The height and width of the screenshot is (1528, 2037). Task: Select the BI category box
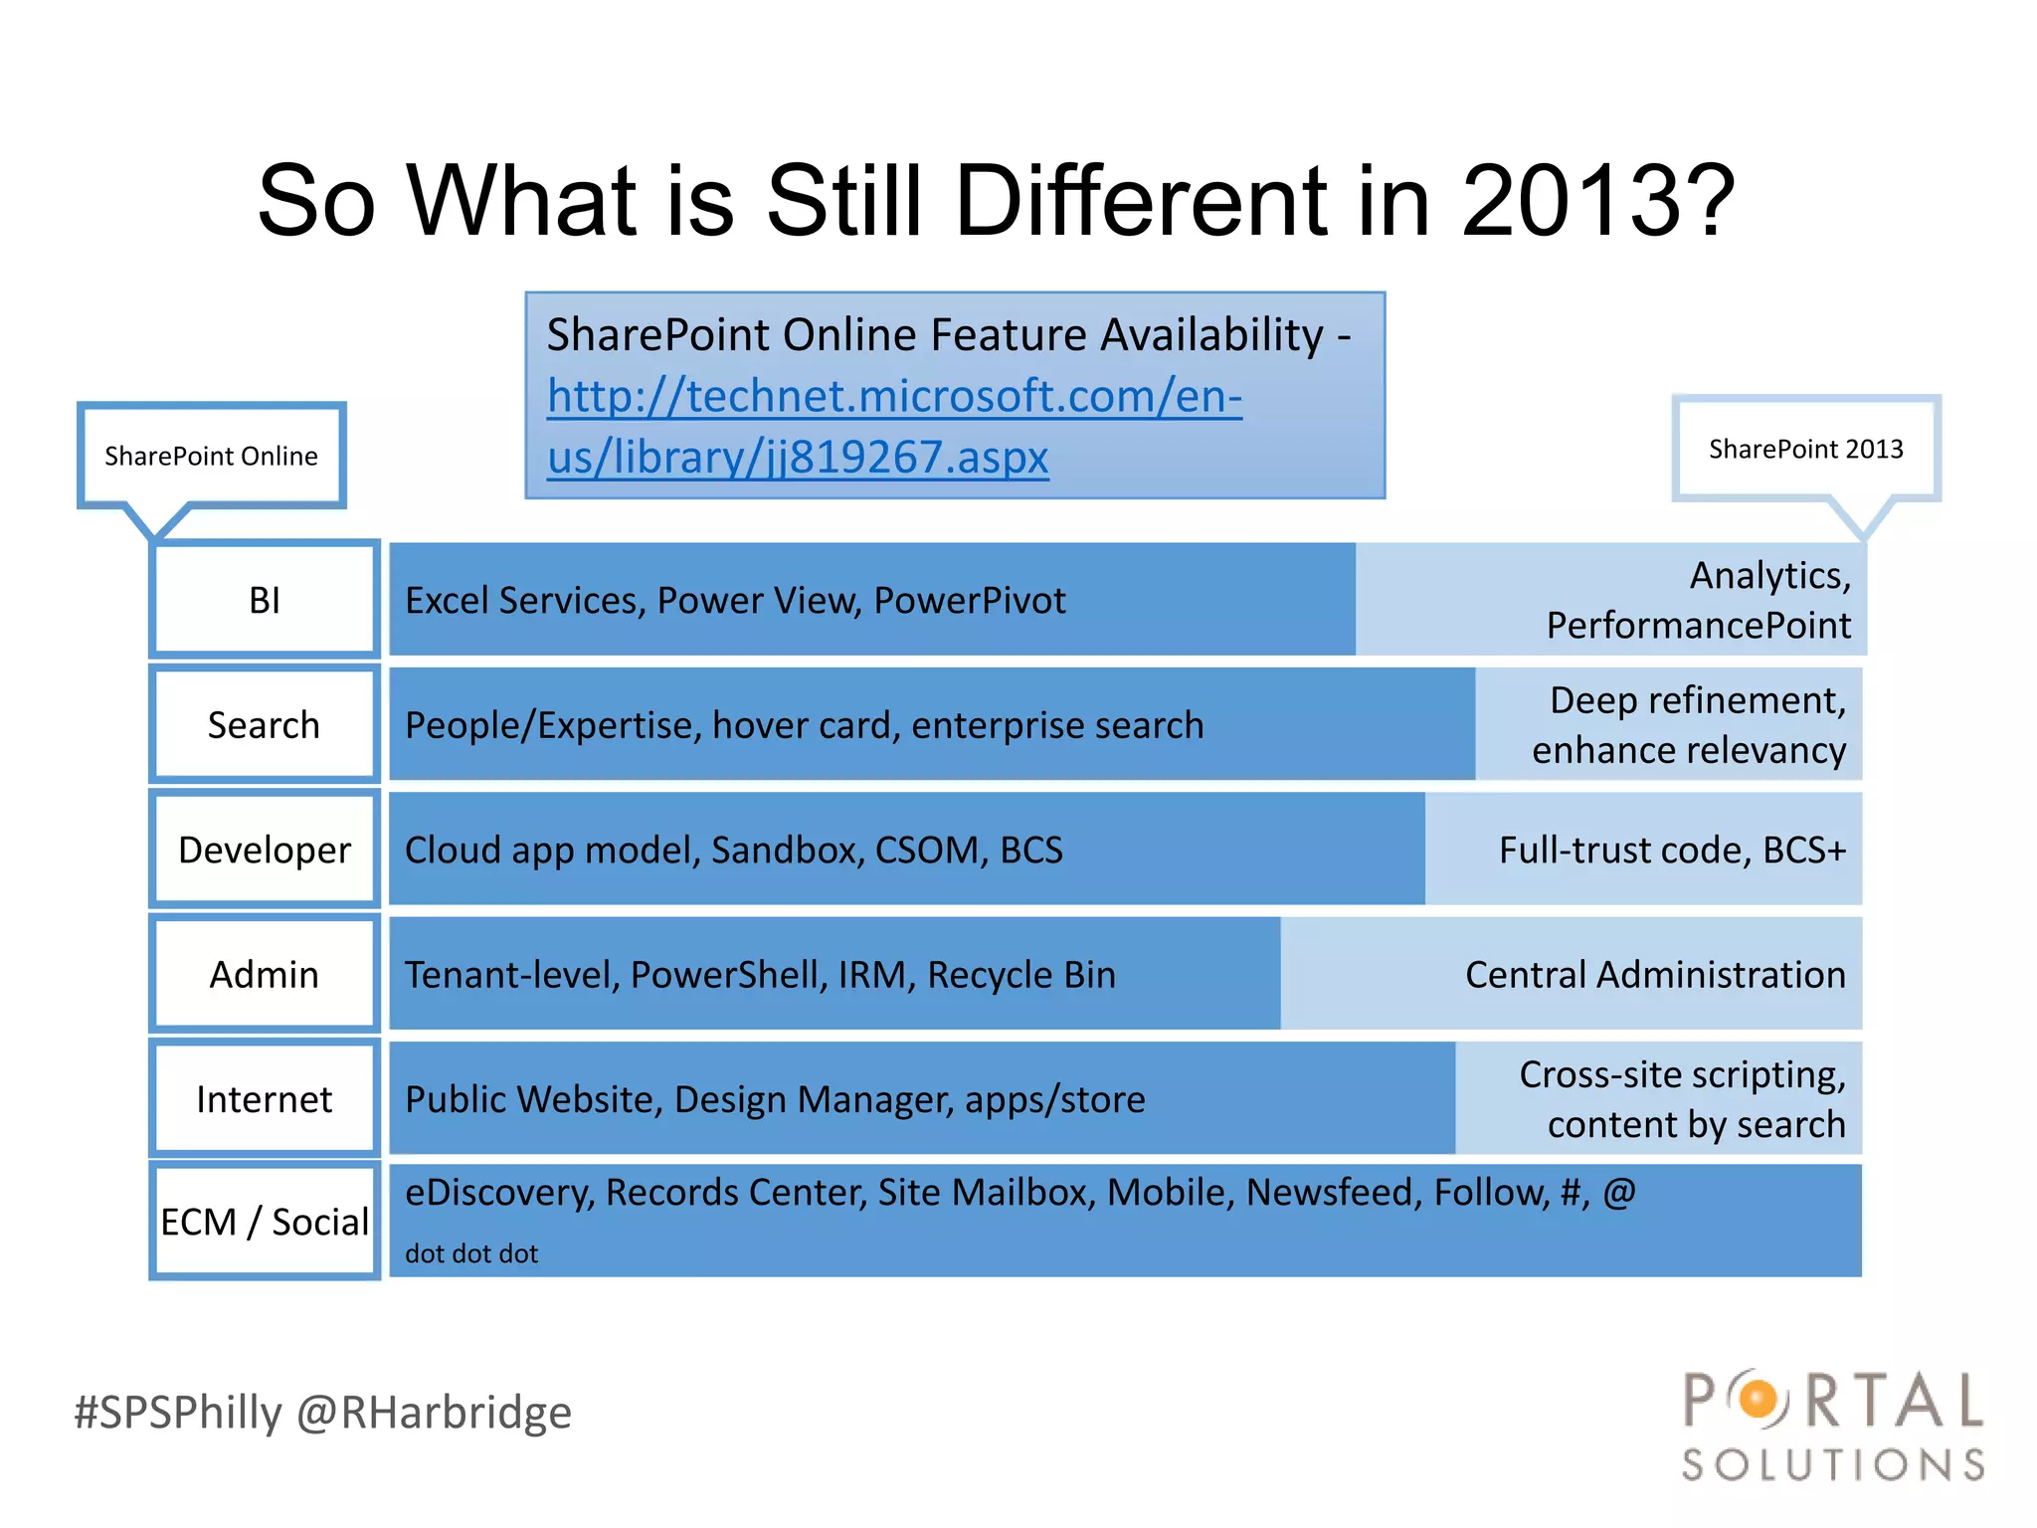click(265, 600)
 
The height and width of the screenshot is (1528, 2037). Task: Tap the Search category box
click(265, 725)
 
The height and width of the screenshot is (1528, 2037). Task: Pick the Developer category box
click(265, 850)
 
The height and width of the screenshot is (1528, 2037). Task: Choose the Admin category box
click(265, 974)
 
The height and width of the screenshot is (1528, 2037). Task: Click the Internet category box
click(265, 1099)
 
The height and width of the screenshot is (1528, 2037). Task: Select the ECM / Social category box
click(265, 1222)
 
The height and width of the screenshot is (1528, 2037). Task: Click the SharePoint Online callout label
click(211, 456)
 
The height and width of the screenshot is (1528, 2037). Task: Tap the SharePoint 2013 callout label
click(1805, 449)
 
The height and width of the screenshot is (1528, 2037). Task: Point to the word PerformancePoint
click(1698, 626)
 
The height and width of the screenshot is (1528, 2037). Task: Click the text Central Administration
click(1655, 974)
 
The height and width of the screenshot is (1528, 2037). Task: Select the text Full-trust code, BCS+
click(1672, 850)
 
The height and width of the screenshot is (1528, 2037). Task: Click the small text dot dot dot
click(471, 1253)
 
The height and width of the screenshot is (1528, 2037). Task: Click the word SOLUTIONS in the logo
click(1833, 1464)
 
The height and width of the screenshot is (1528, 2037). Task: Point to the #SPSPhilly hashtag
click(179, 1413)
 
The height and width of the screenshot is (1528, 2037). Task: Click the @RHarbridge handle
click(435, 1413)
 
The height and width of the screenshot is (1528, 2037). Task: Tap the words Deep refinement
click(1697, 700)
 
